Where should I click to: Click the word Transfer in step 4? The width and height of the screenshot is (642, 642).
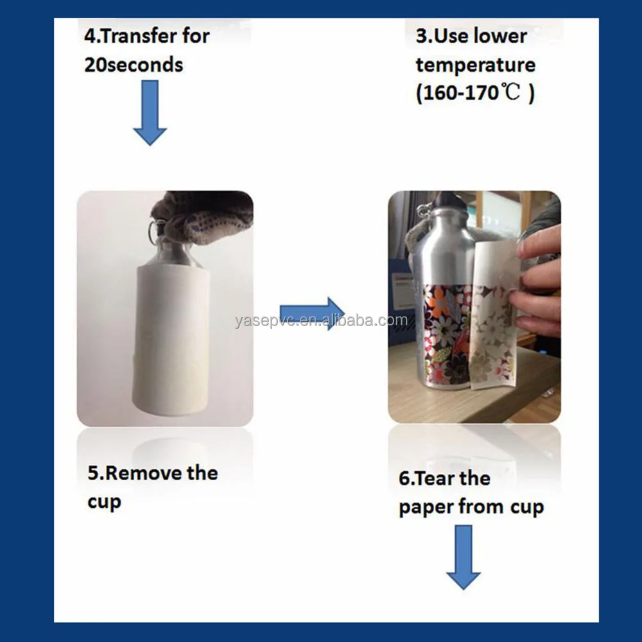(x=139, y=36)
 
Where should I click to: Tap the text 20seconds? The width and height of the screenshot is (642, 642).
(x=134, y=65)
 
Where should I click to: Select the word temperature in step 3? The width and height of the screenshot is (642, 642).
(x=475, y=65)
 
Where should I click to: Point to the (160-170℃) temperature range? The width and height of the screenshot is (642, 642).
(x=475, y=94)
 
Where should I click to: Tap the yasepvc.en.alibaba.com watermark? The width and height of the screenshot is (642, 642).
(x=321, y=320)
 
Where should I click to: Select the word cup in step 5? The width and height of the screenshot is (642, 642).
(x=103, y=503)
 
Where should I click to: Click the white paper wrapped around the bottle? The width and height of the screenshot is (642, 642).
(x=172, y=340)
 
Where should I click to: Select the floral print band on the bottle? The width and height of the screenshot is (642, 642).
(x=445, y=334)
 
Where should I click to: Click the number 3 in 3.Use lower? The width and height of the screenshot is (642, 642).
(x=421, y=37)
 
